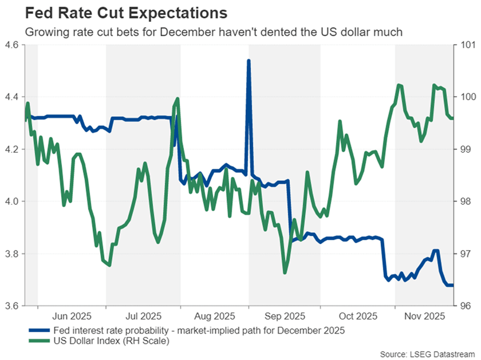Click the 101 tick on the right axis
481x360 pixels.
tap(465, 45)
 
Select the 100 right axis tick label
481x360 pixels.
tap(465, 97)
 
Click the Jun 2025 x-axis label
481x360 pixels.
tap(72, 315)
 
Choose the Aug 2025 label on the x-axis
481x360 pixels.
tap(214, 315)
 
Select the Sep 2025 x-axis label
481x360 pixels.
tap(285, 315)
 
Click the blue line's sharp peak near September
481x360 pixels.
tap(249, 60)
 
